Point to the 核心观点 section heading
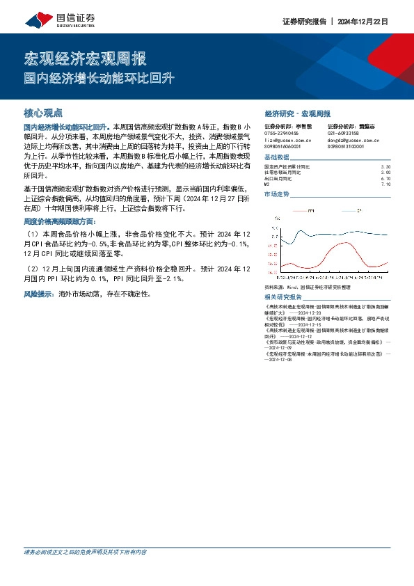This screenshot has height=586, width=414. [x=43, y=111]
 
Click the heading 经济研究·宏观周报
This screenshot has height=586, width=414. [x=297, y=113]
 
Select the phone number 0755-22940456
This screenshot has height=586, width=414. [x=282, y=133]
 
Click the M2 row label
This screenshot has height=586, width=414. [x=267, y=184]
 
